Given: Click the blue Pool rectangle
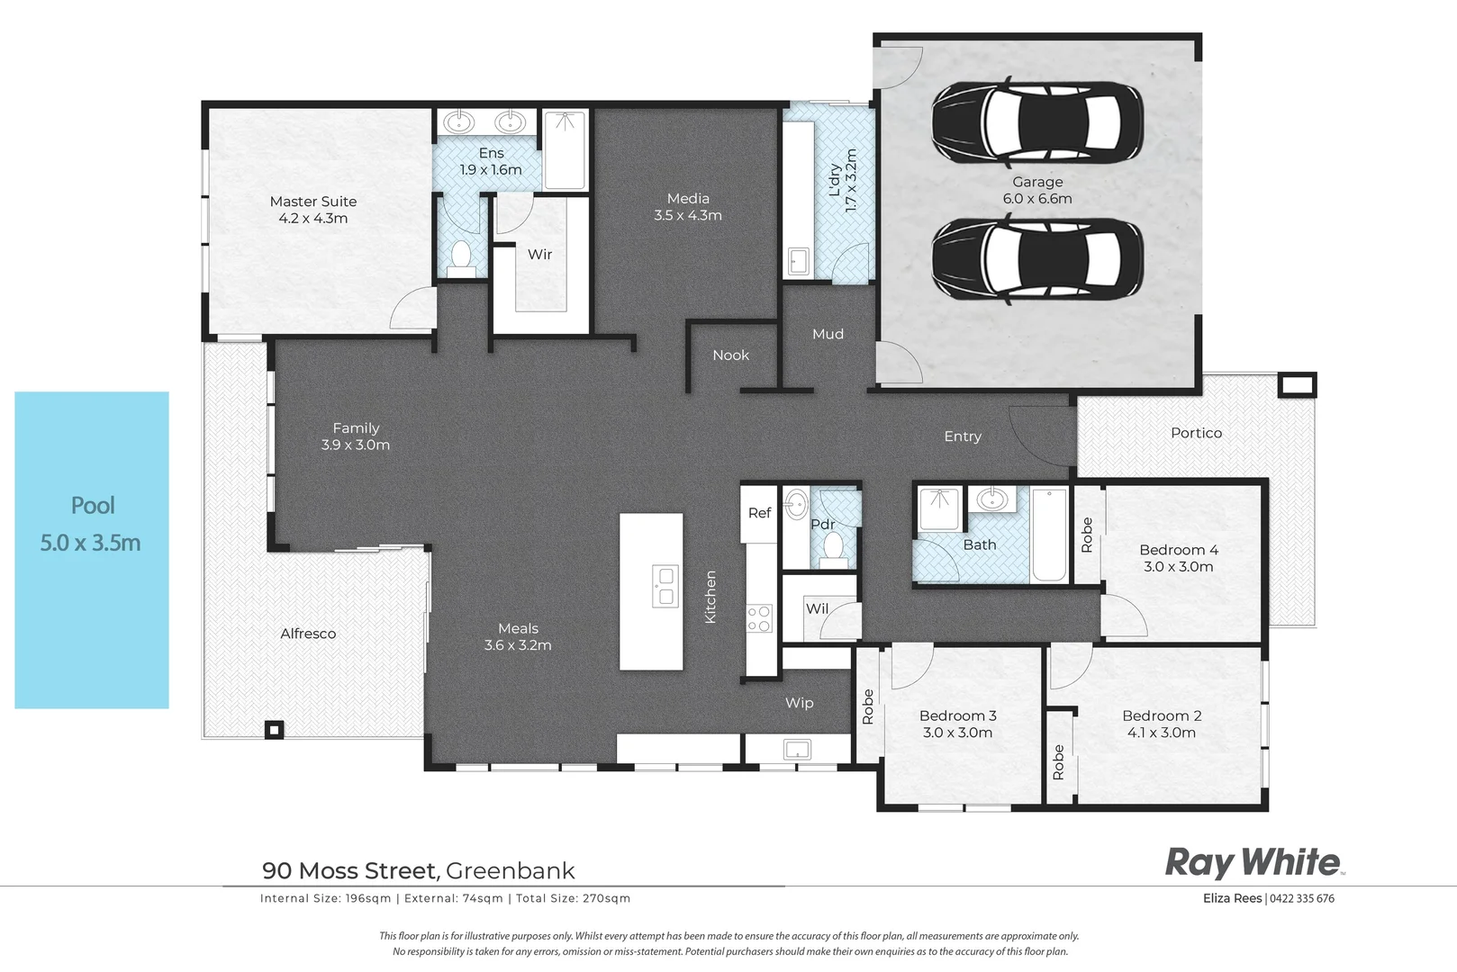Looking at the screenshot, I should [x=92, y=549].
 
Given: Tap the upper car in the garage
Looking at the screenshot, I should [x=1037, y=123].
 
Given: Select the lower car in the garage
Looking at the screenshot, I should [x=1037, y=260].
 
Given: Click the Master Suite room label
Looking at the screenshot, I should [x=313, y=202].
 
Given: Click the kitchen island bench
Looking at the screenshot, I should [x=651, y=591].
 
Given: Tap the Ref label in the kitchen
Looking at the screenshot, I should [x=759, y=513].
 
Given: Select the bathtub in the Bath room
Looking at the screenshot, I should [x=1049, y=535].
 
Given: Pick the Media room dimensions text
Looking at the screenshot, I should [x=688, y=216].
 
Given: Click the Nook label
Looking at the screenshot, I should [x=730, y=355].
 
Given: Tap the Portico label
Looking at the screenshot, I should [x=1196, y=433].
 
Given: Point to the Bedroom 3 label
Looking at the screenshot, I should [x=957, y=716].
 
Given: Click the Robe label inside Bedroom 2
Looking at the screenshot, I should [x=1059, y=761].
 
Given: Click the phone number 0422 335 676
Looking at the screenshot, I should [x=1302, y=898].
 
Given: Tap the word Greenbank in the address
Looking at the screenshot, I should [x=510, y=871].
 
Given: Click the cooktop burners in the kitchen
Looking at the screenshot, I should [x=759, y=618].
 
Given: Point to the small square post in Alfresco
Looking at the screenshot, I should [x=275, y=730].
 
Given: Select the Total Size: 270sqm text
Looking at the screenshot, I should [x=573, y=898].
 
